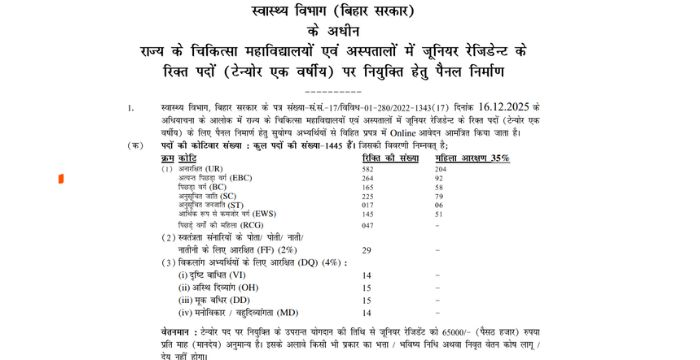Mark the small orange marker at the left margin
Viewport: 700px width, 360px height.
63,178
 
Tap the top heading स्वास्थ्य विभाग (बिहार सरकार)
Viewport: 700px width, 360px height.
349,11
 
